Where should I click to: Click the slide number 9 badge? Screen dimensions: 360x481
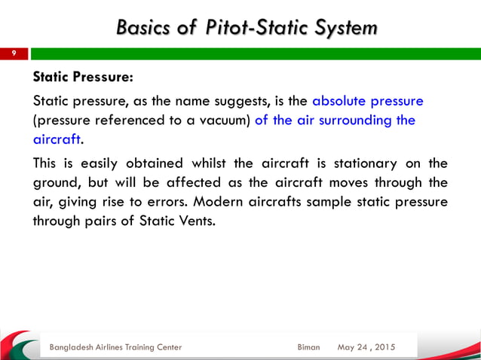[14, 54]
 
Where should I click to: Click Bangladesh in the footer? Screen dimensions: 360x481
[75, 347]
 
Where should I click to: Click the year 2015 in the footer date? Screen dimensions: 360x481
[383, 347]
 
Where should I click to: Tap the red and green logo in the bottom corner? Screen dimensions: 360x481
[19, 345]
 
